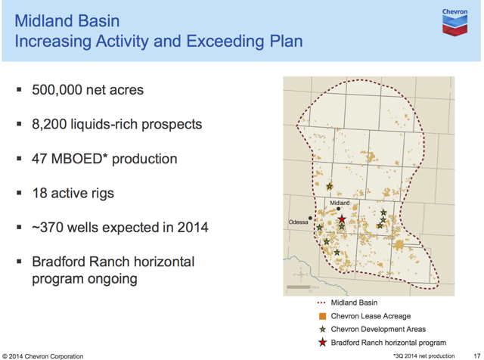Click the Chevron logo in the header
pyautogui.click(x=455, y=22)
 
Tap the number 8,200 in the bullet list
pyautogui.click(x=49, y=124)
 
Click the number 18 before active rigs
pyautogui.click(x=39, y=194)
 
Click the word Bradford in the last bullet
pyautogui.click(x=60, y=262)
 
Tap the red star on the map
pyautogui.click(x=342, y=219)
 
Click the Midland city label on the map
pyautogui.click(x=340, y=203)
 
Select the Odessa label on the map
pyautogui.click(x=298, y=222)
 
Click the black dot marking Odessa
pyautogui.click(x=310, y=219)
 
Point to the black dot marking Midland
pyautogui.click(x=338, y=209)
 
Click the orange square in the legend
pyautogui.click(x=322, y=316)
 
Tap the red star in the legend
pyautogui.click(x=323, y=343)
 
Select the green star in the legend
pyautogui.click(x=323, y=330)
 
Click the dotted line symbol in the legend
pyautogui.click(x=321, y=303)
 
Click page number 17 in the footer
pyautogui.click(x=476, y=356)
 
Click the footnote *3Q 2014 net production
pyautogui.click(x=423, y=356)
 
